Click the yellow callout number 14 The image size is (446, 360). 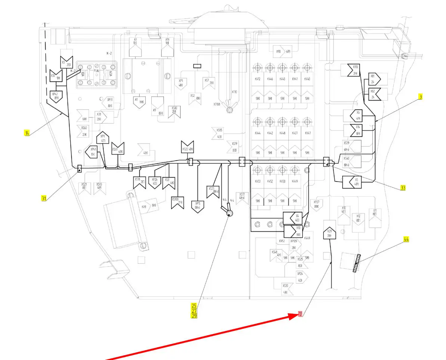[x=27, y=133]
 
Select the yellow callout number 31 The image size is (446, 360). [x=44, y=199]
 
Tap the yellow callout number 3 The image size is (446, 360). [x=421, y=97]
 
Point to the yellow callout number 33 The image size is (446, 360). [x=403, y=188]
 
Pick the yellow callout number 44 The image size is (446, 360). [x=406, y=239]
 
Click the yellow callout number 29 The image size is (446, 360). [x=194, y=316]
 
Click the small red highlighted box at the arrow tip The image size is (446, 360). [x=300, y=314]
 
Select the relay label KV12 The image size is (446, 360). [x=257, y=79]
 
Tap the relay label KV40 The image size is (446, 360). [x=307, y=79]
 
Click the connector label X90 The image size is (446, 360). [x=278, y=52]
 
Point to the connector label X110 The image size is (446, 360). [x=355, y=67]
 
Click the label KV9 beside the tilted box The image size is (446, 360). [x=144, y=206]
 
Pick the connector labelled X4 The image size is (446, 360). [x=297, y=216]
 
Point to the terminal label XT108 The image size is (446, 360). [x=217, y=104]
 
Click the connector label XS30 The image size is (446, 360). [x=285, y=285]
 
